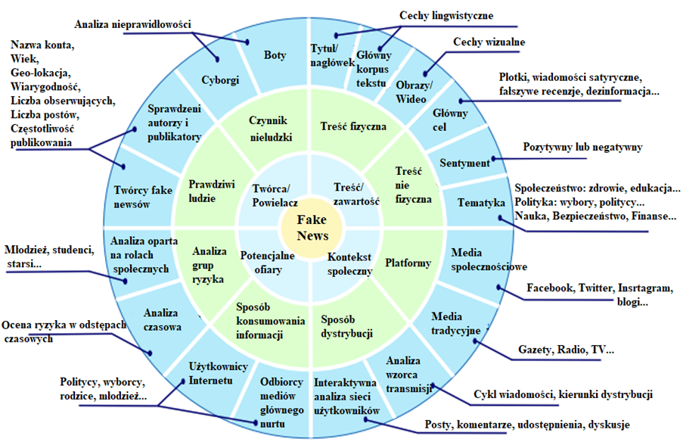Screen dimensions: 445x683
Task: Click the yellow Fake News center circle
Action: [x=311, y=226]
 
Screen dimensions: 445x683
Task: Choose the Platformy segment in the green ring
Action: [x=408, y=263]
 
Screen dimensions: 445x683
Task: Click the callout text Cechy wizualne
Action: [x=489, y=42]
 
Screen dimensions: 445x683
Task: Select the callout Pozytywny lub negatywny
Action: [x=582, y=147]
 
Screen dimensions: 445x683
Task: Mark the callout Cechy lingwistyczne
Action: [x=447, y=15]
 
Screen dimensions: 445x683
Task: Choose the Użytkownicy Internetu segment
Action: [x=218, y=373]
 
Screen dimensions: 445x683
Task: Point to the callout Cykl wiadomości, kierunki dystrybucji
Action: [x=563, y=394]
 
